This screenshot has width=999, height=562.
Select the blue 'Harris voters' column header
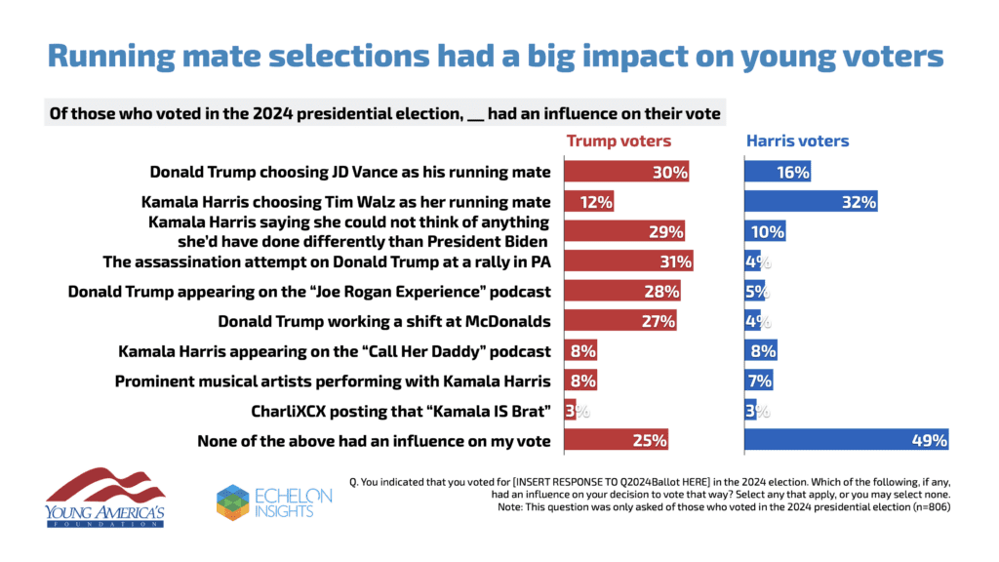tap(797, 140)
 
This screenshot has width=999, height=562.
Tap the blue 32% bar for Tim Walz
tap(811, 202)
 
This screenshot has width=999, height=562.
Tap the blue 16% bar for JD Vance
tap(778, 173)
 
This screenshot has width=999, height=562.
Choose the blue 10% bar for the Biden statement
tap(765, 232)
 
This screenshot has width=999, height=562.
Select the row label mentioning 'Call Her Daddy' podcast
tap(334, 351)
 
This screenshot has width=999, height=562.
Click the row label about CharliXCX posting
tap(390, 411)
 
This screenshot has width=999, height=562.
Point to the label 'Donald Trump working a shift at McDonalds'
tap(384, 321)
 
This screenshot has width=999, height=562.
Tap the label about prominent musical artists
tap(333, 381)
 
